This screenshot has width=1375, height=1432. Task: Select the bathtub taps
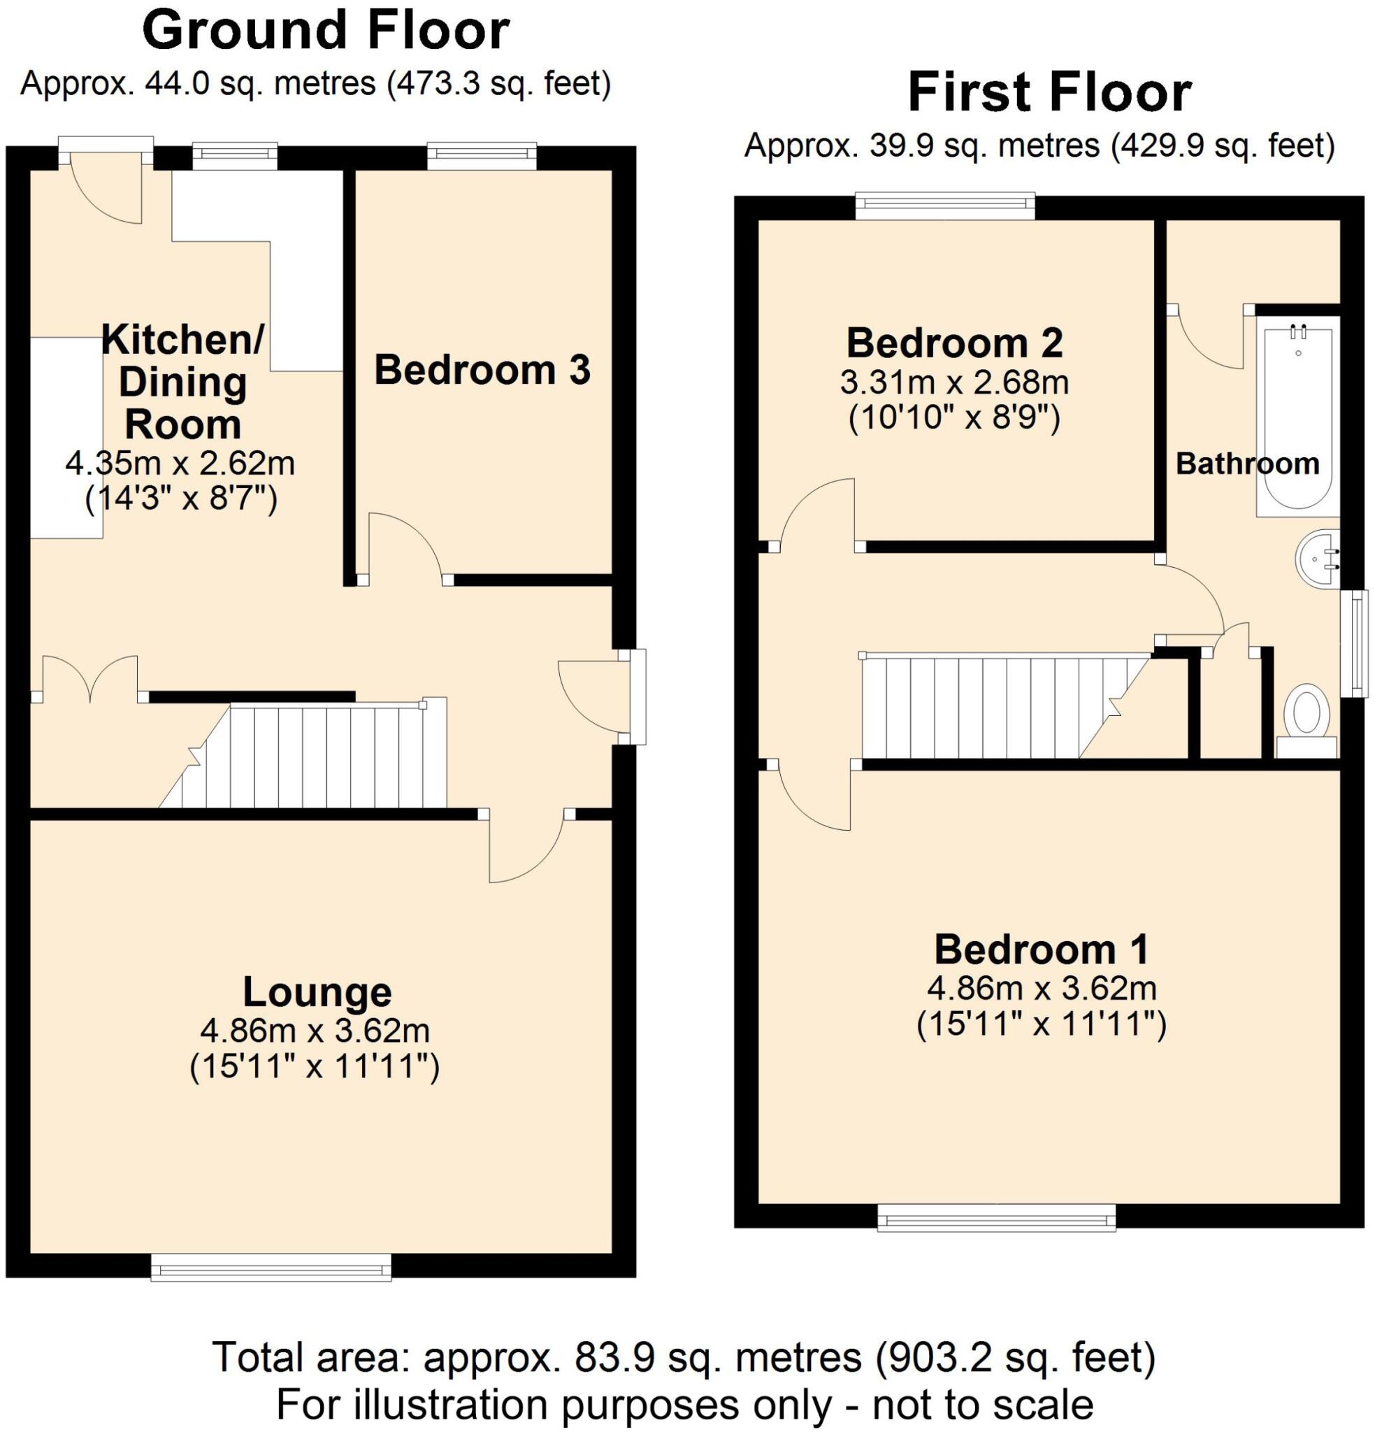click(1298, 333)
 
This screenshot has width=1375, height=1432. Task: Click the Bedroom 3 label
click(482, 370)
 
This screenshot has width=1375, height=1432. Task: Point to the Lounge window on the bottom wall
click(271, 1266)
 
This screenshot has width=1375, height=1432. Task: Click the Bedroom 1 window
click(996, 1217)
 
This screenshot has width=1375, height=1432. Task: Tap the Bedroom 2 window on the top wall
click(944, 206)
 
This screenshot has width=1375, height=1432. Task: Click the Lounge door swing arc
click(526, 847)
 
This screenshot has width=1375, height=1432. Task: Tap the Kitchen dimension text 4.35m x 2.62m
click(180, 463)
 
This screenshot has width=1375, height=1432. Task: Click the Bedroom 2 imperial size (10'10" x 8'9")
click(953, 420)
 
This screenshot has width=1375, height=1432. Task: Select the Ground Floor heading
click(325, 31)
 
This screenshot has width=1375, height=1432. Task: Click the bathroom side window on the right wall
click(1358, 643)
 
